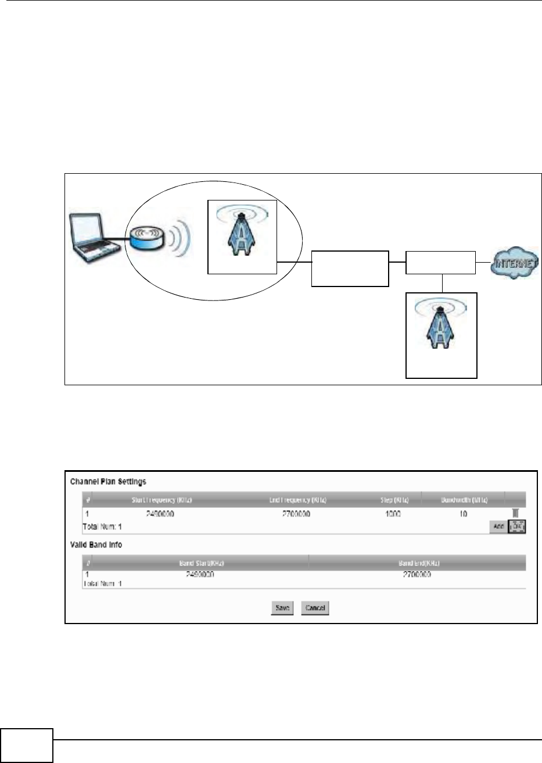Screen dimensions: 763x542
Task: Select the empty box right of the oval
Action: pyautogui.click(x=350, y=268)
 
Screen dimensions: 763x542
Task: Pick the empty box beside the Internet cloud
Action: pyautogui.click(x=440, y=263)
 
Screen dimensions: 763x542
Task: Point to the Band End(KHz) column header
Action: pyautogui.click(x=417, y=563)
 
